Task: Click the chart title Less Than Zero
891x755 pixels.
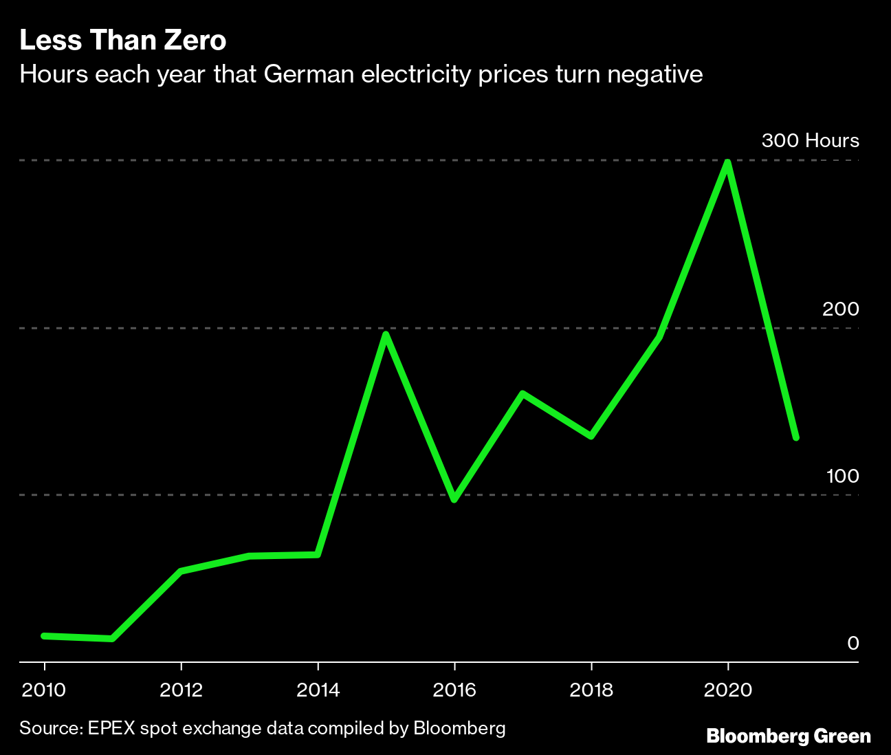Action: click(x=122, y=41)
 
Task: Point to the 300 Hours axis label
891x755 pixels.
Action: click(x=810, y=141)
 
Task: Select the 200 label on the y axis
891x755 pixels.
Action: click(x=840, y=309)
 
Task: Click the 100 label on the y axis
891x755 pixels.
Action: click(x=842, y=476)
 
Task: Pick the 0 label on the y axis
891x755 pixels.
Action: click(x=852, y=643)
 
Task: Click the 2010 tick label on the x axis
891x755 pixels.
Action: click(x=45, y=690)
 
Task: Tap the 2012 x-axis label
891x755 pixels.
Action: click(x=181, y=690)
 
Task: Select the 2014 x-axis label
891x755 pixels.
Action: click(x=318, y=690)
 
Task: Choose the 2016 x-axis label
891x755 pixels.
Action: click(x=454, y=690)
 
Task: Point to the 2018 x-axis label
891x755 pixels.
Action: click(x=591, y=690)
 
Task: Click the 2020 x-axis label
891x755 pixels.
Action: click(x=728, y=690)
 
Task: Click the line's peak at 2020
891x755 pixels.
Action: click(x=727, y=163)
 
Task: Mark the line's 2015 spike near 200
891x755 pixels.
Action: click(x=386, y=335)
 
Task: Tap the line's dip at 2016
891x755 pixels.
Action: click(x=454, y=499)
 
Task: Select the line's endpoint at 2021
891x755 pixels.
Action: click(x=796, y=437)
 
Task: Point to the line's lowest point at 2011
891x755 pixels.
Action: click(x=112, y=639)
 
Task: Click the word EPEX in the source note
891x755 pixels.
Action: click(x=111, y=728)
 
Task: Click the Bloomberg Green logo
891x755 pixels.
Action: click(x=789, y=736)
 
